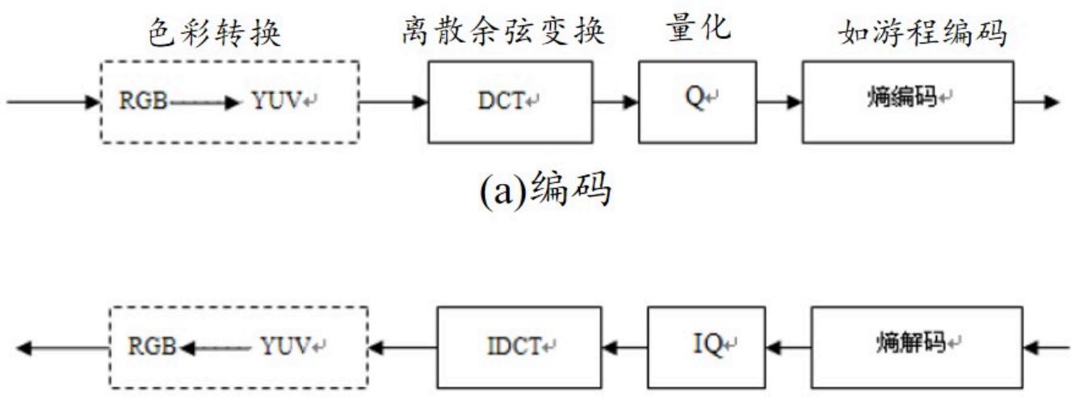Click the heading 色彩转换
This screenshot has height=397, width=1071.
[214, 32]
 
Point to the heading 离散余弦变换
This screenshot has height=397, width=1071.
[503, 31]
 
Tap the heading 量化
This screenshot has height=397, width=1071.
[699, 27]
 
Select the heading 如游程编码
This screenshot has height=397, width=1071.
[923, 32]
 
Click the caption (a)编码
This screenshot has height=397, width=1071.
[545, 190]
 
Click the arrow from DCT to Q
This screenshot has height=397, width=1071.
[615, 102]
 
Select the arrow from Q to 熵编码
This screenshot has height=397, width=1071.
[779, 102]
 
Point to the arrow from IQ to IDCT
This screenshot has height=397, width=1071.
[625, 348]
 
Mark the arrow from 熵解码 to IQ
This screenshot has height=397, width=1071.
[788, 348]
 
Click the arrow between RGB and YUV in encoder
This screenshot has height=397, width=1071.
[204, 102]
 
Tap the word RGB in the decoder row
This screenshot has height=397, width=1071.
[152, 346]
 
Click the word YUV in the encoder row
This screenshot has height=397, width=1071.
[277, 101]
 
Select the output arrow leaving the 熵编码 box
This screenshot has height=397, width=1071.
[1036, 102]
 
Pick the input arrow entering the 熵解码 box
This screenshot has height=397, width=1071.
[1047, 348]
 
